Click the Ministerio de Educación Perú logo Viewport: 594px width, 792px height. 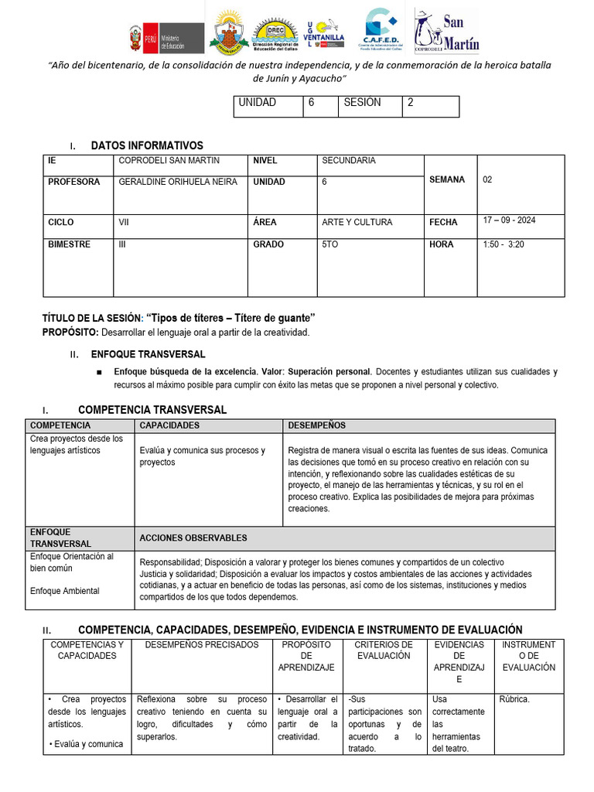pos(166,37)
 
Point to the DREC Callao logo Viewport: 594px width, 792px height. pos(276,35)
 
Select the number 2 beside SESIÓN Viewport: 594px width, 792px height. pos(411,103)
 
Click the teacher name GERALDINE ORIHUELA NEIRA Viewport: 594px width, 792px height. pos(178,183)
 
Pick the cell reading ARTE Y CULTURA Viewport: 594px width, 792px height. pos(357,223)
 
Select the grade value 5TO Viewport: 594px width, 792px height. pos(330,244)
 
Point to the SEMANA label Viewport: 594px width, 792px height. pos(447,179)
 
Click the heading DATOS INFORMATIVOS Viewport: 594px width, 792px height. pos(147,145)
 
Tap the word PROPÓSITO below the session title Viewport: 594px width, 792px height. pos(70,332)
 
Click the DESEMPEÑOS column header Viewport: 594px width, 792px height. pos(316,425)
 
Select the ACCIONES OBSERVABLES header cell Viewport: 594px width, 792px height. pos(193,538)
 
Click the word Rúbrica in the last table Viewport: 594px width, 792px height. pos(514,700)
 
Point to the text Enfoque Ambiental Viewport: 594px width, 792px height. pos(64,591)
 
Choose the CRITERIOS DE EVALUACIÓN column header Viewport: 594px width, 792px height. pos(384,650)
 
